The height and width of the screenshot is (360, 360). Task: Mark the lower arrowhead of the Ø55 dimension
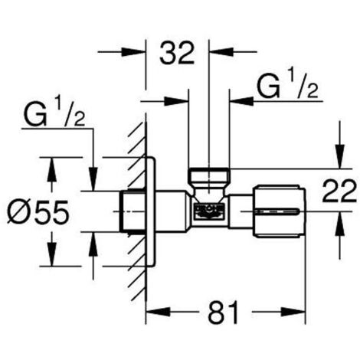tap(52, 258)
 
